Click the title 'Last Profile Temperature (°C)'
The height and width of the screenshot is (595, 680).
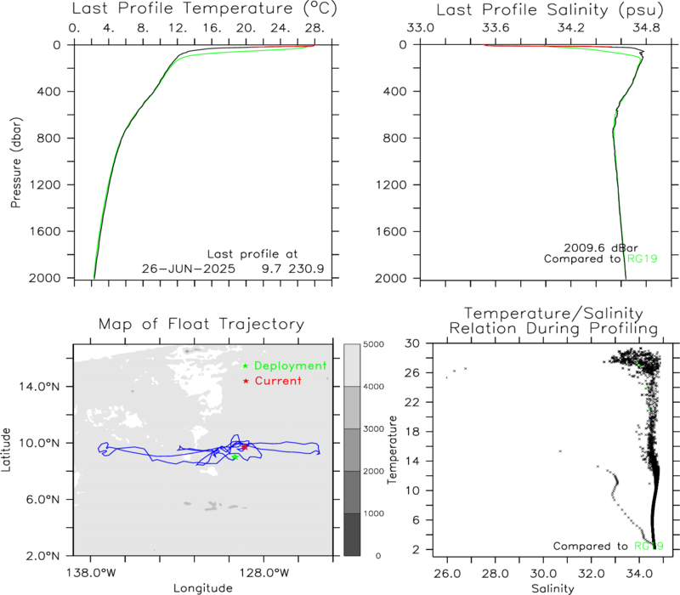(x=204, y=8)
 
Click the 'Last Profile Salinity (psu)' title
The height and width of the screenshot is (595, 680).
(x=550, y=9)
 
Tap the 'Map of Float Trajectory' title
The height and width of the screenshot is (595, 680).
(x=201, y=324)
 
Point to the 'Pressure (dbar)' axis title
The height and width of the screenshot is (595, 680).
(x=16, y=162)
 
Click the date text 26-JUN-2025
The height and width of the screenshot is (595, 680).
(x=188, y=269)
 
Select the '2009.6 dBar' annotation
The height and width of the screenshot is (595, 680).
(x=601, y=248)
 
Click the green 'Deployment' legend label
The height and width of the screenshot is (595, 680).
(x=290, y=366)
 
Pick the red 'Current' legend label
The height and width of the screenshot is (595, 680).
(x=278, y=381)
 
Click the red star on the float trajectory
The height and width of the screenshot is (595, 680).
(x=245, y=447)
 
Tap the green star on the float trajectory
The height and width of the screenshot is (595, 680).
(x=235, y=456)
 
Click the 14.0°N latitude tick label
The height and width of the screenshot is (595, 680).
(x=39, y=387)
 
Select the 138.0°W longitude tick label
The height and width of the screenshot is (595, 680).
(x=91, y=573)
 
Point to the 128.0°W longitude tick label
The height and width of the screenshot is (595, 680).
(x=263, y=573)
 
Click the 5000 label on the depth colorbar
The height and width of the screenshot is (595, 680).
(x=373, y=344)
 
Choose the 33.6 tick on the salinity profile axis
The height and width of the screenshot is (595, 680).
(x=496, y=28)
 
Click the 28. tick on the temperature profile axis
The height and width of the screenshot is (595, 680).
(x=314, y=28)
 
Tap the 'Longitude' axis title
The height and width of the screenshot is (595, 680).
(x=203, y=588)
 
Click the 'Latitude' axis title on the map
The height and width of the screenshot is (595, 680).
(x=6, y=450)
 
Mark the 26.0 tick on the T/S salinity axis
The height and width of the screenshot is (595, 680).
(x=447, y=574)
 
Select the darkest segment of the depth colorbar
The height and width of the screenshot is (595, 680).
(x=352, y=535)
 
